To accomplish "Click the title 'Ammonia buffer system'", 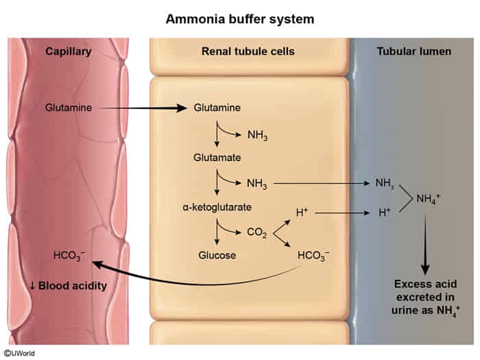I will click(x=240, y=19).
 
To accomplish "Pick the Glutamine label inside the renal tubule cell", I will click(x=217, y=108).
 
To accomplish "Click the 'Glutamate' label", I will click(x=217, y=157).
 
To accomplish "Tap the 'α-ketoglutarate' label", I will click(x=217, y=206).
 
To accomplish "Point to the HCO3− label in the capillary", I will click(x=69, y=256).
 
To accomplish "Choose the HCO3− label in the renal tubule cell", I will click(x=313, y=255).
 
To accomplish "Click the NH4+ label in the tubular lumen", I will click(x=430, y=200).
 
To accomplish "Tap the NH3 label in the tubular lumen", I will click(x=384, y=183).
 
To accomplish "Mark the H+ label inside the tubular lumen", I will click(x=385, y=213).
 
